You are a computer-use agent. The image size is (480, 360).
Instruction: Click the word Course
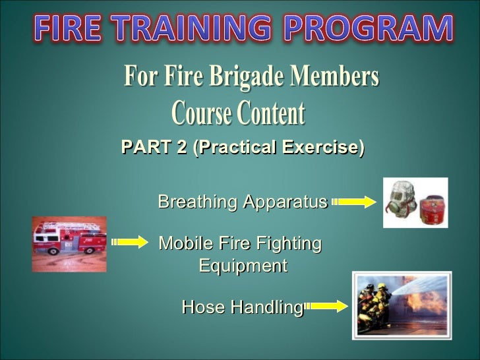(x=202, y=114)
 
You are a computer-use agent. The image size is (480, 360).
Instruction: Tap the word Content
(x=271, y=114)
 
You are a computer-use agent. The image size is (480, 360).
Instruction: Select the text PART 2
(x=154, y=148)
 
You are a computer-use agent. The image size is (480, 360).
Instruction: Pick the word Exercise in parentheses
(x=320, y=148)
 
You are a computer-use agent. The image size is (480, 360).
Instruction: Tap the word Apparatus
(x=285, y=202)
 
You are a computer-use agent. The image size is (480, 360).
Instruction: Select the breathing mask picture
(x=415, y=202)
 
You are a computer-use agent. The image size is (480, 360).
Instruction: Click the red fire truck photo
(x=69, y=243)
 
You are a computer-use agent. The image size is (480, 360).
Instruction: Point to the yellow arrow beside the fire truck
(x=130, y=243)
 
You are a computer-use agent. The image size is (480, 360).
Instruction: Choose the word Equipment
(x=243, y=266)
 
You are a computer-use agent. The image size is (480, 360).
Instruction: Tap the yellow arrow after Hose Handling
(x=326, y=306)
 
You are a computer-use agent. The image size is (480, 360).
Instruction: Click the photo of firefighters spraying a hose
(x=402, y=305)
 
